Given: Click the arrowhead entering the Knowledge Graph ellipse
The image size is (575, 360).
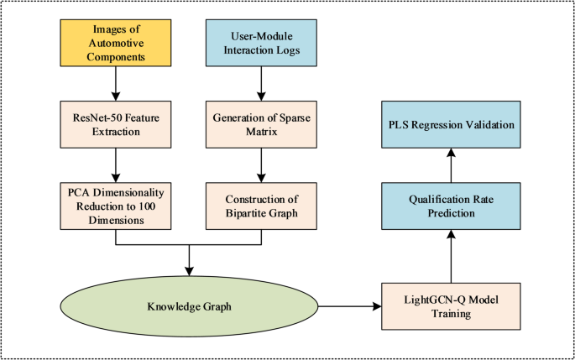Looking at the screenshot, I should click(191, 270).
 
